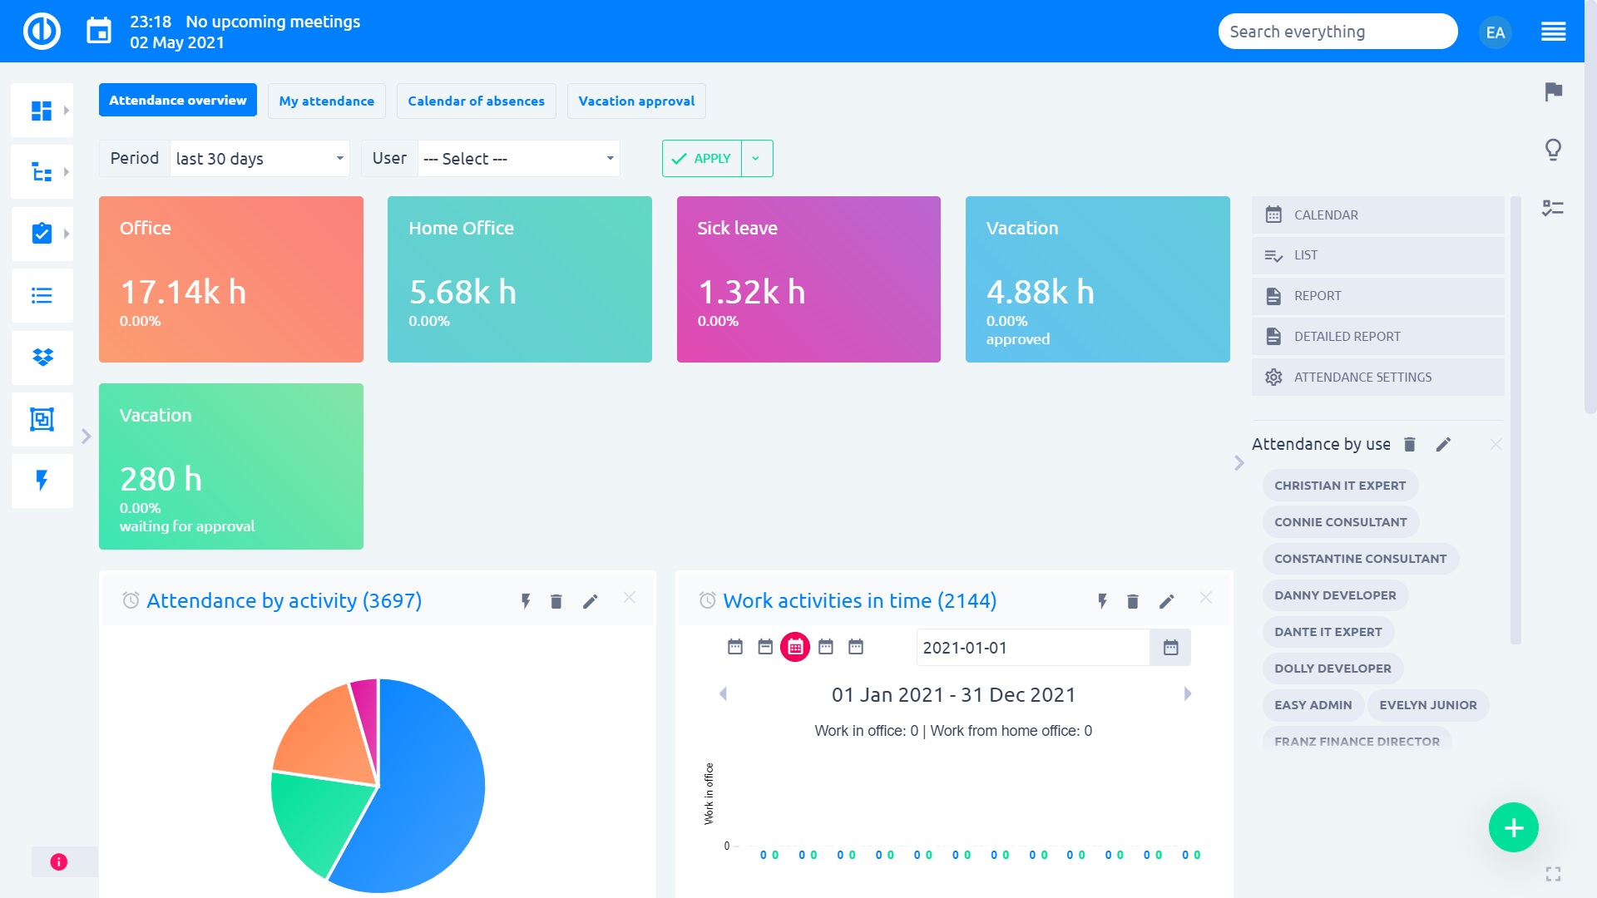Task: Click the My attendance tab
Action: [x=326, y=101]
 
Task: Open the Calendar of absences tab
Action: [x=476, y=101]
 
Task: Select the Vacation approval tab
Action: [x=636, y=101]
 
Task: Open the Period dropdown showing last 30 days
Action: [x=260, y=158]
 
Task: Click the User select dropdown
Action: [x=518, y=158]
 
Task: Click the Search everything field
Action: [x=1337, y=32]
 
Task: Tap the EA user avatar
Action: [x=1495, y=32]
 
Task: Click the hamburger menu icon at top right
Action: [x=1553, y=32]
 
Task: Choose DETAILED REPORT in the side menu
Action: [x=1347, y=337]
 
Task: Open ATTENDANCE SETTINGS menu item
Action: [x=1362, y=377]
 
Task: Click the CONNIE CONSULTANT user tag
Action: [x=1340, y=522]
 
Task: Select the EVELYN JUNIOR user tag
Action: [x=1427, y=705]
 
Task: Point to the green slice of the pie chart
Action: [x=316, y=819]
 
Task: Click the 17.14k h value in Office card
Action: [x=183, y=292]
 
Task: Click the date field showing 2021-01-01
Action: [x=1031, y=648]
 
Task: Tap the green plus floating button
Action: [x=1513, y=827]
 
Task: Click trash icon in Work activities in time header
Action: [x=1132, y=601]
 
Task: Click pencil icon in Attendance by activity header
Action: [x=590, y=601]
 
